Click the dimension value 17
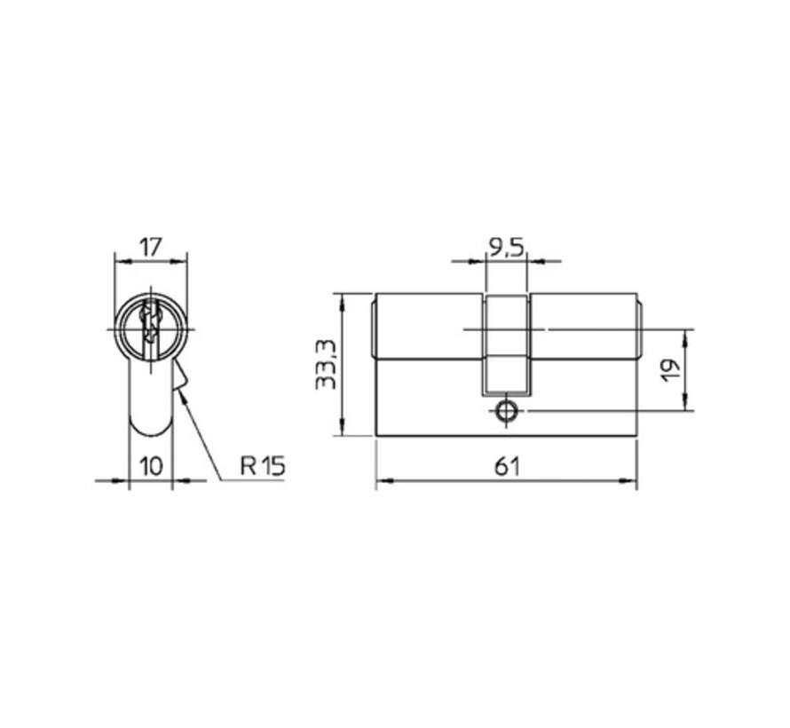[x=151, y=246]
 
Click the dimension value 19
[x=671, y=369]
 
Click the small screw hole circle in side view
[x=506, y=411]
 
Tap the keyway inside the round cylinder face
[x=151, y=327]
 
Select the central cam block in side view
[x=506, y=346]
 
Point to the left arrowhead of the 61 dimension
[x=381, y=483]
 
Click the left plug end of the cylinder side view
[x=372, y=328]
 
